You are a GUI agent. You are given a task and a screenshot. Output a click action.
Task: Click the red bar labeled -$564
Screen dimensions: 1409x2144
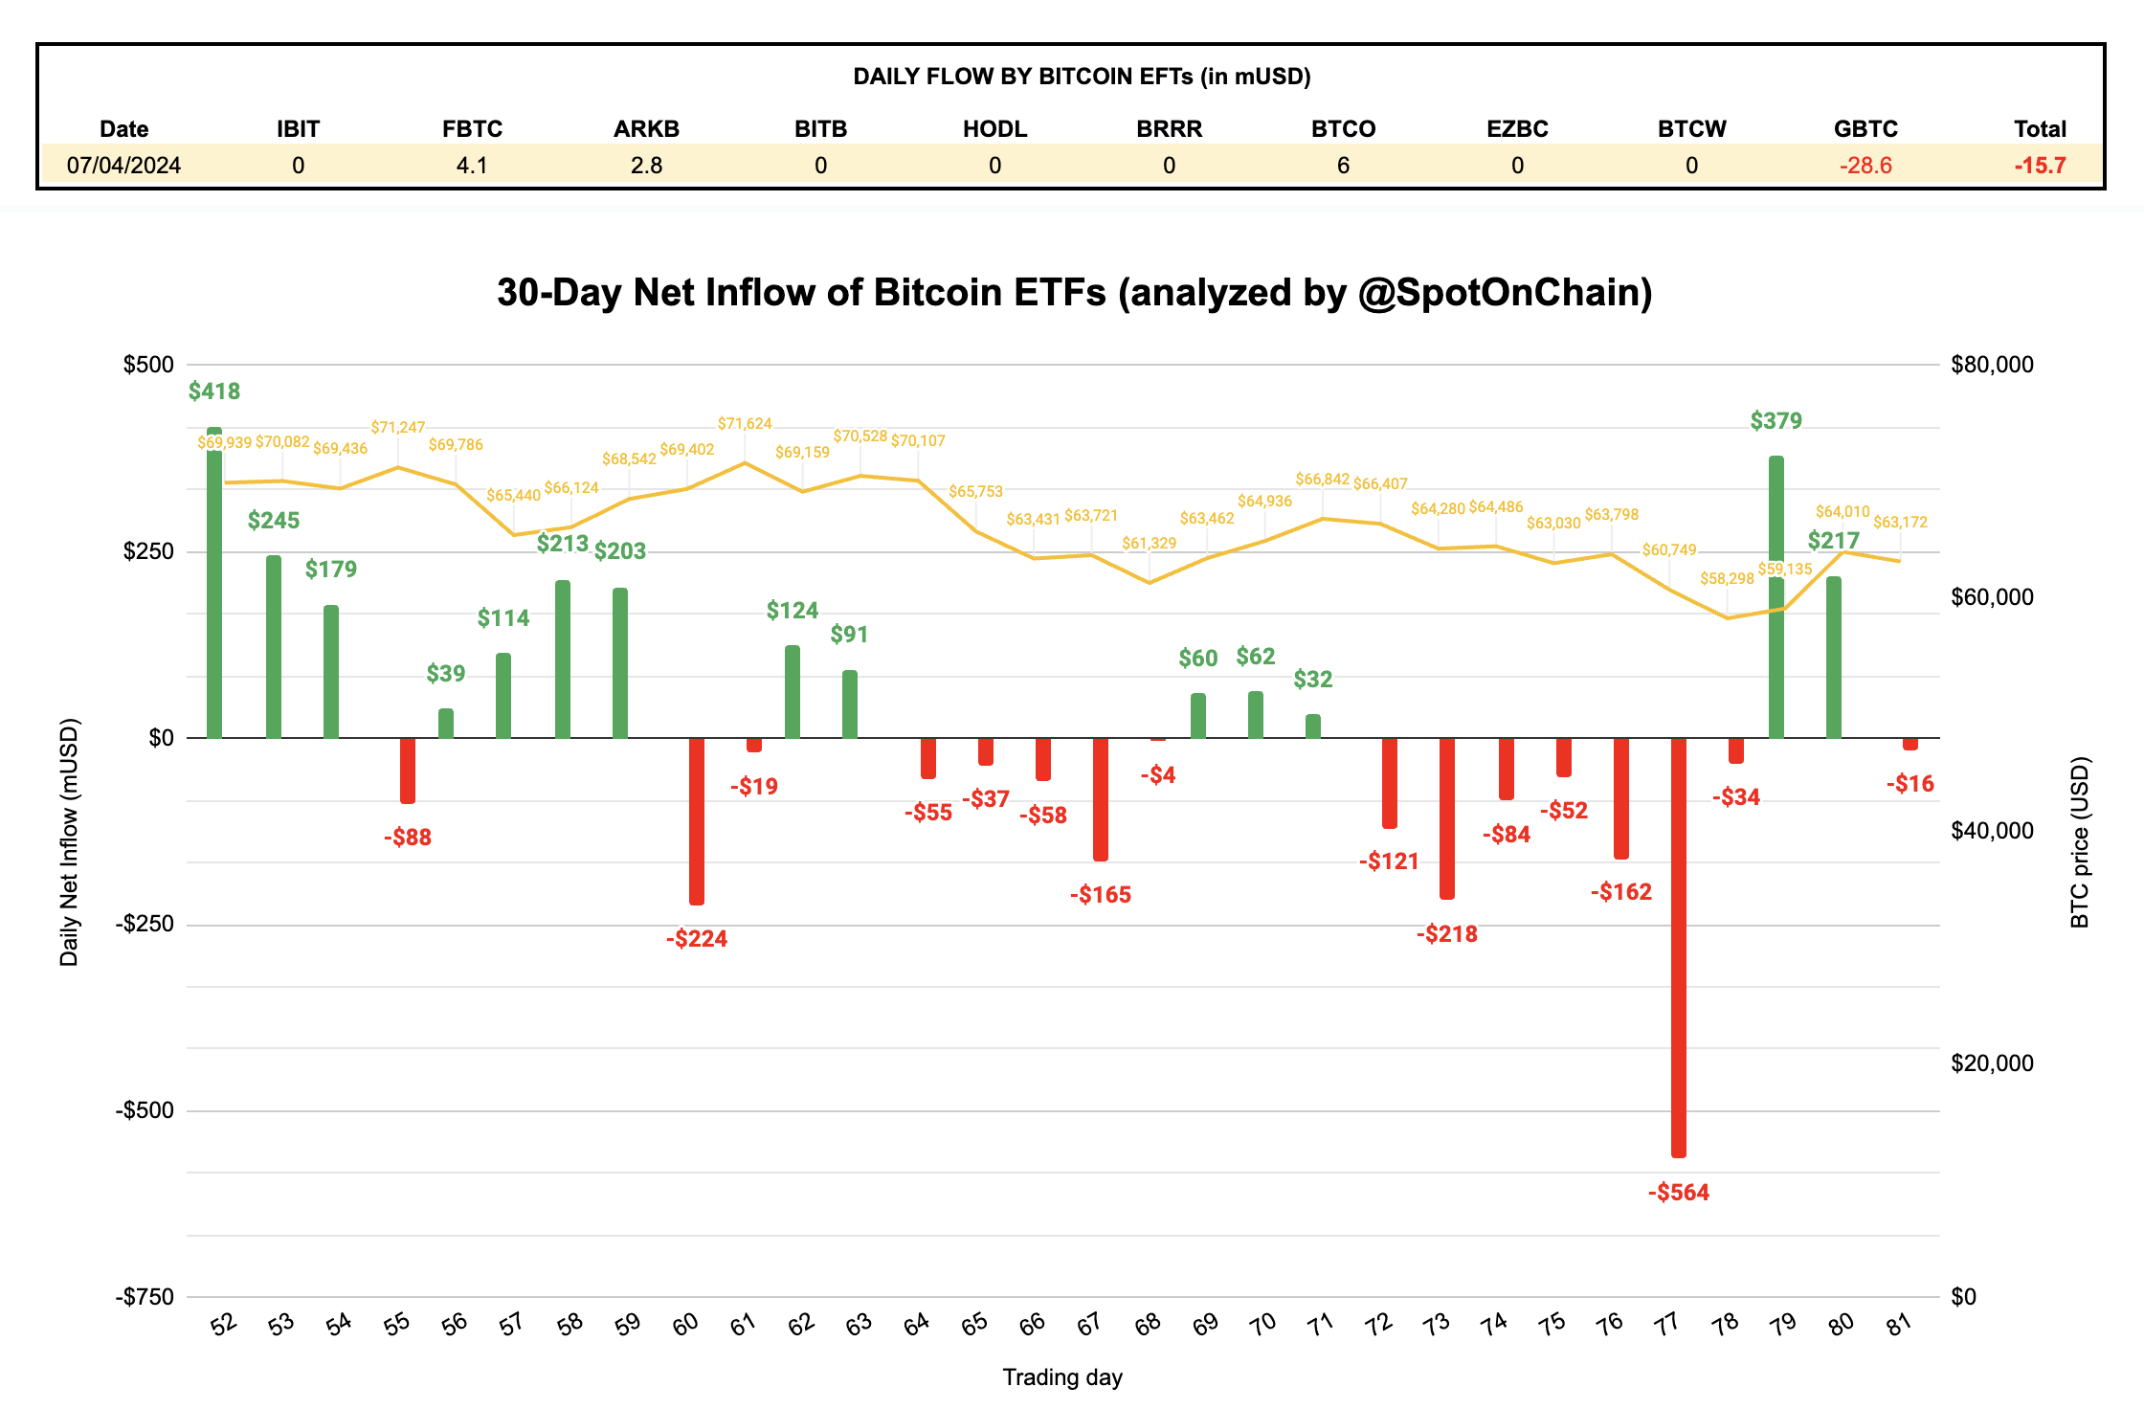(1679, 948)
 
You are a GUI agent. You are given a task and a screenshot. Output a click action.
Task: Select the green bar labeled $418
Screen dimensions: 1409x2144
(214, 584)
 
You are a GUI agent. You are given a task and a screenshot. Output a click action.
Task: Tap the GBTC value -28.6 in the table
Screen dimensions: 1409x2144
(1865, 166)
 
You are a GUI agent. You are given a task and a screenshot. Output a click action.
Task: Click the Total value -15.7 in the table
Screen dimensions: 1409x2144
(2040, 166)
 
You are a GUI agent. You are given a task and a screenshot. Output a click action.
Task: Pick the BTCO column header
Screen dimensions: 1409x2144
(1343, 129)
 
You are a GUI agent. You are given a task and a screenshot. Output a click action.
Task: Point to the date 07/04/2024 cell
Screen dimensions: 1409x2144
(123, 166)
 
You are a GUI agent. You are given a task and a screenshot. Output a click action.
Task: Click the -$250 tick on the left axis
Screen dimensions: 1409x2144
(145, 924)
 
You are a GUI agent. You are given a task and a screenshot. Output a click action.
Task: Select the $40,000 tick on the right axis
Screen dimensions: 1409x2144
(1992, 830)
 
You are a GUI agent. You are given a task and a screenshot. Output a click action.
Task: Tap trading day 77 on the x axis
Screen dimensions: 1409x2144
(1666, 1324)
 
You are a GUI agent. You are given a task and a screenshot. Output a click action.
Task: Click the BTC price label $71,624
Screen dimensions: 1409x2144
(745, 423)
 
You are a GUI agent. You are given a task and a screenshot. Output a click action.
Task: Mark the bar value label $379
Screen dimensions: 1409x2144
(1775, 421)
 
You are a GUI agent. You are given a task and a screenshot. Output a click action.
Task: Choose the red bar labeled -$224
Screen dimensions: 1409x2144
(697, 821)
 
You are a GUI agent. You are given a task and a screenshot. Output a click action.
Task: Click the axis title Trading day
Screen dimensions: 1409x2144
(1062, 1376)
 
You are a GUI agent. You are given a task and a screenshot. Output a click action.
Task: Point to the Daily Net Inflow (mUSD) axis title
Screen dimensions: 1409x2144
(69, 842)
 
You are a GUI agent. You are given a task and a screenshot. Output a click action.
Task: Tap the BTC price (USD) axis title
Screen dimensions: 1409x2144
(2079, 842)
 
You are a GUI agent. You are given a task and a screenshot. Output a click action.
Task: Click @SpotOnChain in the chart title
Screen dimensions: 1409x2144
(1505, 293)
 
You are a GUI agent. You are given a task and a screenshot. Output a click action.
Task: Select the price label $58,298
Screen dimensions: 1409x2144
(1727, 578)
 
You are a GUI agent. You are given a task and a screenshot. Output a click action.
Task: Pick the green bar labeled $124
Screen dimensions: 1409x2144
(793, 692)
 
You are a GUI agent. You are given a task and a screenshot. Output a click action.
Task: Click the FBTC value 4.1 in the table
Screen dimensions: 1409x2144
(472, 166)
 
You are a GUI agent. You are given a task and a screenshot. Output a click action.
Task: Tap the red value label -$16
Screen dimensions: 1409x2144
(1909, 784)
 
